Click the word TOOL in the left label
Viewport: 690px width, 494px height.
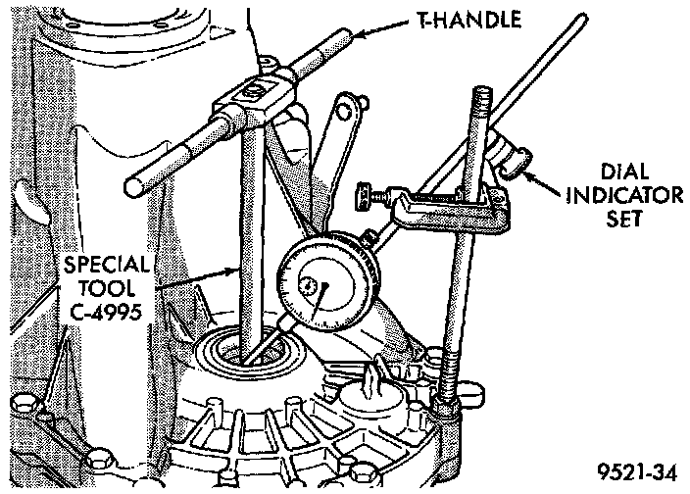[x=105, y=289]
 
